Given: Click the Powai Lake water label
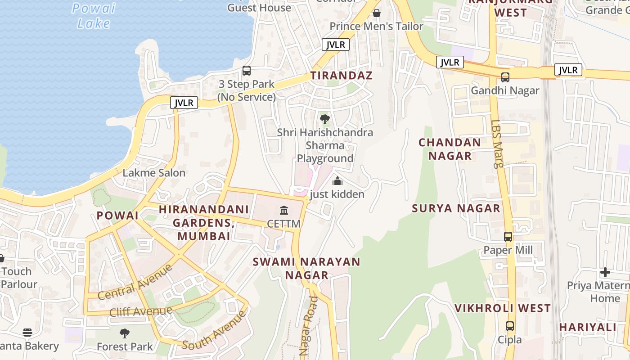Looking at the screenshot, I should pos(94,16).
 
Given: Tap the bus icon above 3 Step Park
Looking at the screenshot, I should pos(247,71).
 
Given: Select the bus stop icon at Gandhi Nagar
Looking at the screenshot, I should pos(505,77).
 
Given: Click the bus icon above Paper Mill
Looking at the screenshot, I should pos(508,237).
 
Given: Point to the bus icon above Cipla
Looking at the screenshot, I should pos(510,326).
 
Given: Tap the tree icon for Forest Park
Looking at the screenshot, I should pos(125,333).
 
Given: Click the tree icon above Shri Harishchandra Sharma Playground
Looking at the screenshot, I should pos(324,120).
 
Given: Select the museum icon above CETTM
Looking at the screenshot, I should pos(284,211).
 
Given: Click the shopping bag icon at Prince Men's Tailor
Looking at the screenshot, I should pos(377,13).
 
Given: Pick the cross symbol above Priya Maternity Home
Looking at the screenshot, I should pos(605,272).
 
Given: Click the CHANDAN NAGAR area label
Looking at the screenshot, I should pos(450,149).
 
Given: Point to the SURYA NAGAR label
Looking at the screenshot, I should pos(456,208).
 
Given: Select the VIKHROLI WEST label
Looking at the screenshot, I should pos(502,308).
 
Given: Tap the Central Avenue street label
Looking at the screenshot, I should pos(135,283).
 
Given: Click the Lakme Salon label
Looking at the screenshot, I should pos(154,173).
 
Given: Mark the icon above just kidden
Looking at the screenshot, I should pos(337,181).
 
